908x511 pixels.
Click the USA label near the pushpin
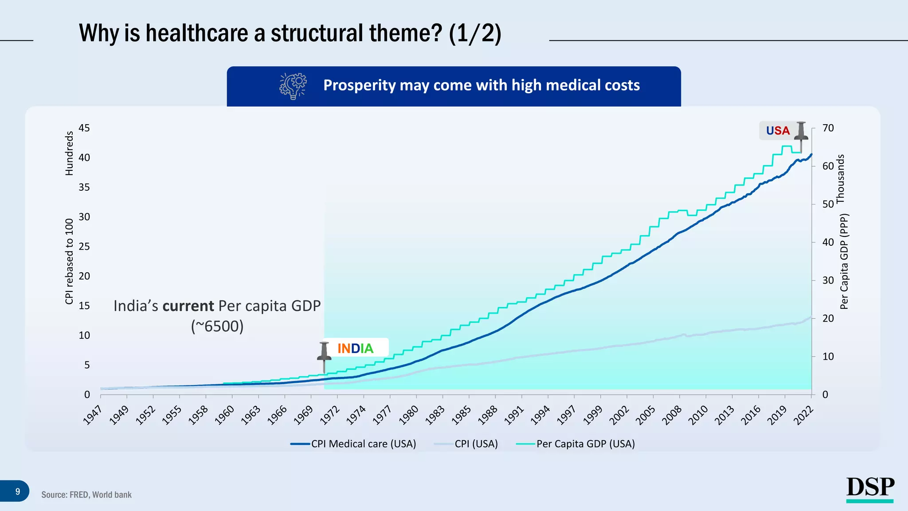click(778, 131)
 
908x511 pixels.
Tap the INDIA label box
click(356, 348)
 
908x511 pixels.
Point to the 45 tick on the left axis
click(84, 128)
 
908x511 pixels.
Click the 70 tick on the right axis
click(828, 128)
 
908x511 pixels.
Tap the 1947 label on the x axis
click(93, 416)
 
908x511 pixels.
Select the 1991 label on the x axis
click(514, 416)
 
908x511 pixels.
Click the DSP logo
click(870, 489)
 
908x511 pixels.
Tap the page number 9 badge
click(17, 491)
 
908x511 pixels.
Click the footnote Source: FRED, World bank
click(86, 495)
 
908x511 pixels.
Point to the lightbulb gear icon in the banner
click(293, 86)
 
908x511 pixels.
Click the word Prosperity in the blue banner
click(360, 85)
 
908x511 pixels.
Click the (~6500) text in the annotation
click(217, 326)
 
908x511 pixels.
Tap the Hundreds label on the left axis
click(69, 153)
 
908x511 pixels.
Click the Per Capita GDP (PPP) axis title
click(844, 262)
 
